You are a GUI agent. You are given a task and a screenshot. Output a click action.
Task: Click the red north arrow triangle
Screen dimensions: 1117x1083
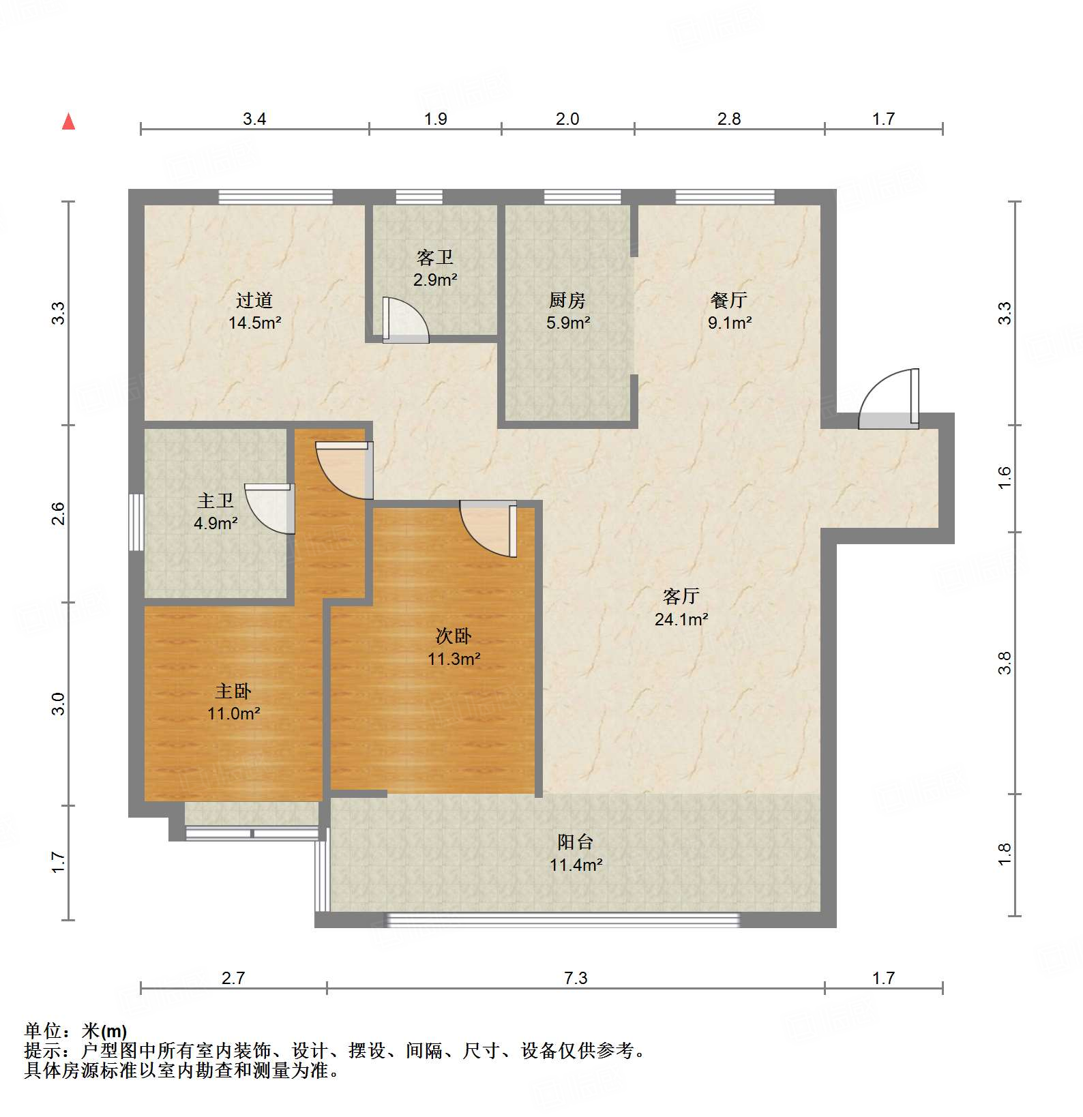point(68,121)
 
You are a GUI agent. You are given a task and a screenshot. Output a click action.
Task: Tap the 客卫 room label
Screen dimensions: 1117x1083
point(434,258)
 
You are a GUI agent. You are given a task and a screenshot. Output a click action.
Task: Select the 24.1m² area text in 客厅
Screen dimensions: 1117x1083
point(681,619)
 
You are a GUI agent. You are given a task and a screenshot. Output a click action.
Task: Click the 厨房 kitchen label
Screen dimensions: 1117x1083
point(567,300)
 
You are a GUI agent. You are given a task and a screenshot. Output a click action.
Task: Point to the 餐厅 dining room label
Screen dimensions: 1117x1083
point(728,300)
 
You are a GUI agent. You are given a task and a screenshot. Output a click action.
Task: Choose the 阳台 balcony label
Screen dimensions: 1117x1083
point(575,842)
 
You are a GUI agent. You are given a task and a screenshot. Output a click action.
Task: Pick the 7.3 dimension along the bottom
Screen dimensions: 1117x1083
point(575,979)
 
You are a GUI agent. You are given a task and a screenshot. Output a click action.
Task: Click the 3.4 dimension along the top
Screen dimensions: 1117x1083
point(254,119)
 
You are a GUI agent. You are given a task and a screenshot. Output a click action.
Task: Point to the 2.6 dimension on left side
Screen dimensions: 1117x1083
point(59,513)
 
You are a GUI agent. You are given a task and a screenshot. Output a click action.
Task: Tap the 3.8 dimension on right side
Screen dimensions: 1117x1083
point(1005,663)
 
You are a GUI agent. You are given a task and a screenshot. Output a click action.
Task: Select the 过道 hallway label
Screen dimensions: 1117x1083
point(254,300)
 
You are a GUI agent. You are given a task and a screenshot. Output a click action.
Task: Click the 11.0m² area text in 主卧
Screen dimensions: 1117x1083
point(234,714)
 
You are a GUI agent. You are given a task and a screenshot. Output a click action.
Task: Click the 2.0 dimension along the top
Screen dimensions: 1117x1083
point(567,119)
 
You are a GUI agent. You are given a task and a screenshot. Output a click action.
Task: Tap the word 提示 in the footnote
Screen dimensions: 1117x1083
point(42,1051)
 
